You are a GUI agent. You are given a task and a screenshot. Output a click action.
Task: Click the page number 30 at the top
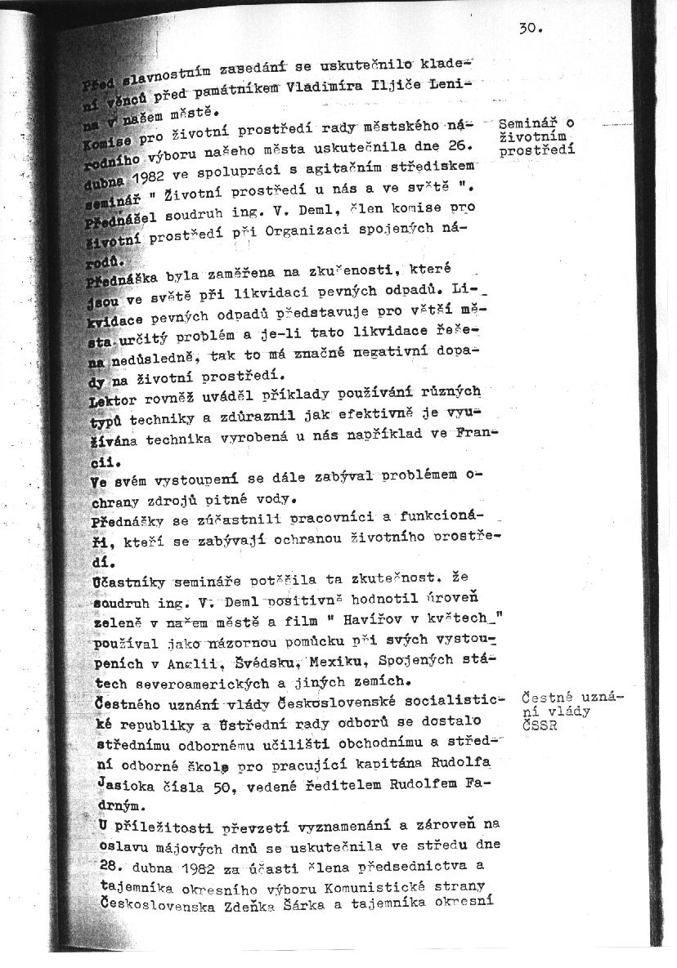(530, 28)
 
